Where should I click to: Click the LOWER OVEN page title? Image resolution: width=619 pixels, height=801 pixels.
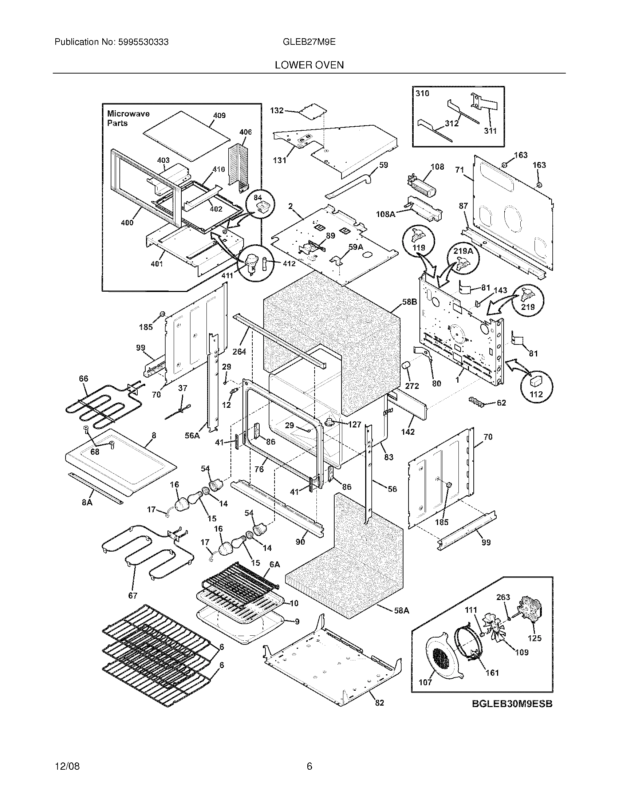(309, 65)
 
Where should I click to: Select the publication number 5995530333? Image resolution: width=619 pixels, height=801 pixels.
(143, 42)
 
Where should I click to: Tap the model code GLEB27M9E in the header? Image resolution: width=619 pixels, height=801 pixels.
(309, 42)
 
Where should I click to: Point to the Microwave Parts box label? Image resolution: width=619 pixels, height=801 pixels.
(128, 118)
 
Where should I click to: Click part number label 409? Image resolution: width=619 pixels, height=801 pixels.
(219, 115)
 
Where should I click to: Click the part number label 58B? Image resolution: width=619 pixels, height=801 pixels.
(409, 302)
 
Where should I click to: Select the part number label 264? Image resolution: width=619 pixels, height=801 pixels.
(239, 352)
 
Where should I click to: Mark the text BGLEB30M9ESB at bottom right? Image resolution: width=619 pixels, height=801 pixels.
(512, 704)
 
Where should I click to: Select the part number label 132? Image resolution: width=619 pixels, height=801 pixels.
(277, 110)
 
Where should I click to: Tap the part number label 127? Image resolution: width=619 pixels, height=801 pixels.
(354, 424)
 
